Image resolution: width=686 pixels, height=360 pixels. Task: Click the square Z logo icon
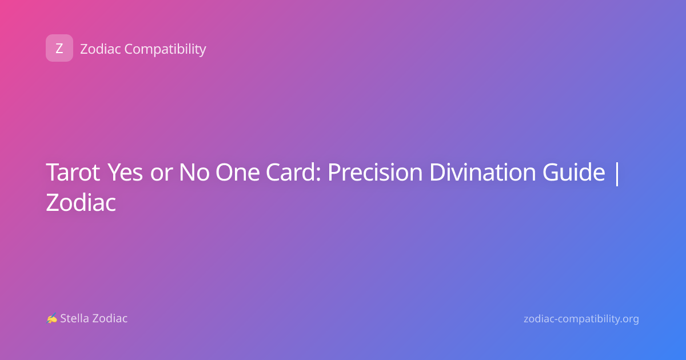tap(59, 48)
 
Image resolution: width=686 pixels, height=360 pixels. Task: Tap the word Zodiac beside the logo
tap(101, 49)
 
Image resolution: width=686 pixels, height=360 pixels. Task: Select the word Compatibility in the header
tap(165, 50)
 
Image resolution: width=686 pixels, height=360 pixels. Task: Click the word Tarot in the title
tap(73, 172)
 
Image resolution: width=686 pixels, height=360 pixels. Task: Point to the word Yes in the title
tap(126, 172)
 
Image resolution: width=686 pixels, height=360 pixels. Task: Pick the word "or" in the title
tap(161, 174)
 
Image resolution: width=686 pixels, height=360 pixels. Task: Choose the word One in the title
tap(238, 172)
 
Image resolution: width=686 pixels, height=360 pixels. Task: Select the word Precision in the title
tap(375, 172)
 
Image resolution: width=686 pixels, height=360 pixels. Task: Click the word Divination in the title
tap(482, 172)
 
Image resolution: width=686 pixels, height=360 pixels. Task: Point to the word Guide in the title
tap(573, 172)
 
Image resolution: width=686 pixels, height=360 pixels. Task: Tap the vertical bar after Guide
tap(617, 173)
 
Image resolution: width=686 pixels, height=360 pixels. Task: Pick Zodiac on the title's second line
tap(81, 202)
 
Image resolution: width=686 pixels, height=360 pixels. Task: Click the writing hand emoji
tap(52, 318)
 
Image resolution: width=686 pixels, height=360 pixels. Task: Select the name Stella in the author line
tap(74, 318)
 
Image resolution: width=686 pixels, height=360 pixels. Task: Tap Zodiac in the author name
tap(110, 318)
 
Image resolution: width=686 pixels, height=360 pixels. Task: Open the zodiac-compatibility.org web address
tap(581, 319)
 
